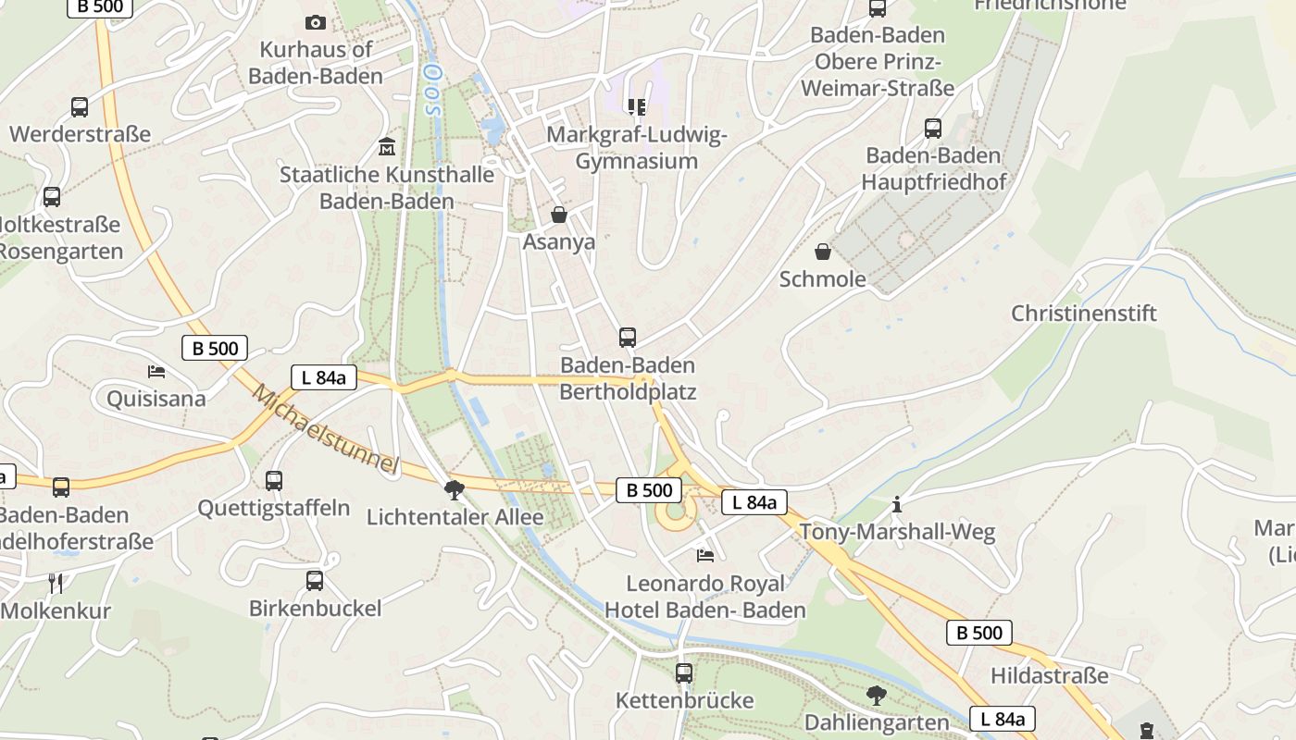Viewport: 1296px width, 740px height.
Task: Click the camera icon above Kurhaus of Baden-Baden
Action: click(x=316, y=22)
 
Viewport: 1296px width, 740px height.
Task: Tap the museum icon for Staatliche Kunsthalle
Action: click(x=387, y=147)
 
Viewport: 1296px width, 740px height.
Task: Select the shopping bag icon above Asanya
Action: click(x=559, y=215)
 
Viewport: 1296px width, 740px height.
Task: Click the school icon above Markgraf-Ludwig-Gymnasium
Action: click(x=636, y=107)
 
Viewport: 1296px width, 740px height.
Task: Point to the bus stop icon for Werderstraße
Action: click(x=80, y=107)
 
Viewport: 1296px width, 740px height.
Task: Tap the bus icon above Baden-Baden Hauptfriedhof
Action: click(x=933, y=128)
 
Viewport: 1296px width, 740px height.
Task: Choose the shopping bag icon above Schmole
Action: click(x=822, y=252)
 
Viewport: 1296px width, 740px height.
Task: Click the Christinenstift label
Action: click(x=1083, y=313)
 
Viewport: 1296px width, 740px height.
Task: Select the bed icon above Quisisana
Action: click(x=156, y=372)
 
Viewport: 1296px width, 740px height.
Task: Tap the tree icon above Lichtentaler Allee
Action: click(x=454, y=489)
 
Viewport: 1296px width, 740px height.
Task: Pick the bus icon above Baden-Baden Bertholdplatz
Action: click(x=628, y=337)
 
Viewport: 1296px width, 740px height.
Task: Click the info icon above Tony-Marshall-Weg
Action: click(x=896, y=504)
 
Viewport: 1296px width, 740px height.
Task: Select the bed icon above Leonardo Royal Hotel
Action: click(x=705, y=555)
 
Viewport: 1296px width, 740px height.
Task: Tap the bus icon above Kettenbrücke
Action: click(x=684, y=672)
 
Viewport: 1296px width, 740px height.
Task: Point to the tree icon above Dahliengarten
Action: click(x=876, y=695)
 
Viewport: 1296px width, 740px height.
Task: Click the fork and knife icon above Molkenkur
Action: click(x=56, y=583)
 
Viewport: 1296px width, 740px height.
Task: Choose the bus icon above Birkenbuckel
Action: click(x=315, y=580)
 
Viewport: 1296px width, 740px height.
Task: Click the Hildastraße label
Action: click(x=1049, y=675)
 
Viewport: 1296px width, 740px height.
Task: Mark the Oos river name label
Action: click(x=430, y=88)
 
